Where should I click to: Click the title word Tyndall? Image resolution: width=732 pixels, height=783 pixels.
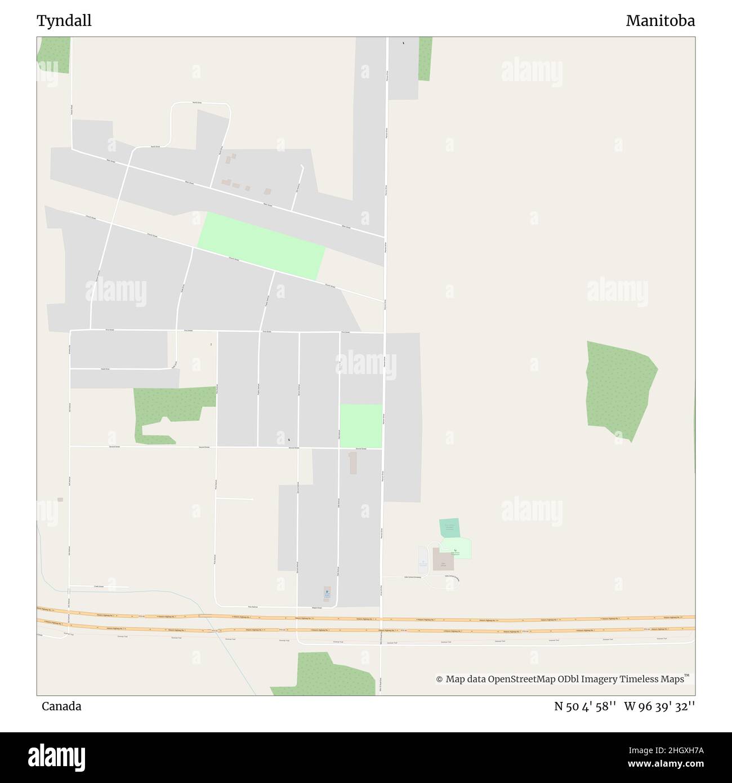pyautogui.click(x=64, y=21)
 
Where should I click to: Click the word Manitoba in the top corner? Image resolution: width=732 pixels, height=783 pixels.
pyautogui.click(x=660, y=21)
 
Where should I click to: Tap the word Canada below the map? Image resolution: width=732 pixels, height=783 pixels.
pyautogui.click(x=61, y=706)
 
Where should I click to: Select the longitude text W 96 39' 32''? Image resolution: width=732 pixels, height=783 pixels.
pyautogui.click(x=659, y=706)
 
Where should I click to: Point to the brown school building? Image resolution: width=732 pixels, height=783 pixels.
pyautogui.click(x=443, y=559)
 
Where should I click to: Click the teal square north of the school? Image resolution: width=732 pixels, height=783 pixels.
pyautogui.click(x=449, y=528)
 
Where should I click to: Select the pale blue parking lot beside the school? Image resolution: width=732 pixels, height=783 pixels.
pyautogui.click(x=423, y=559)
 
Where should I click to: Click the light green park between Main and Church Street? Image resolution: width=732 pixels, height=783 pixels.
pyautogui.click(x=261, y=246)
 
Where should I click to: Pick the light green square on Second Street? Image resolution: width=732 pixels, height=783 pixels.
pyautogui.click(x=361, y=425)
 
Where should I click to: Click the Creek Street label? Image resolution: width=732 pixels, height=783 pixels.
pyautogui.click(x=99, y=586)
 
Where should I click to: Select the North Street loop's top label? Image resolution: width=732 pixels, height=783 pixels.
pyautogui.click(x=197, y=103)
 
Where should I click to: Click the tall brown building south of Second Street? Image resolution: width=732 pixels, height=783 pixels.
pyautogui.click(x=353, y=462)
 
